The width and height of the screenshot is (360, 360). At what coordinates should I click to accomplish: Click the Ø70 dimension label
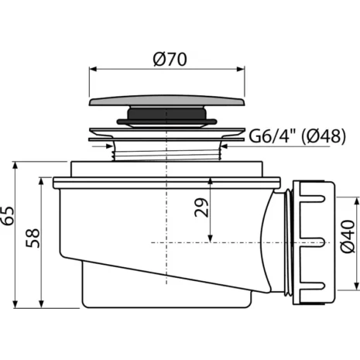click(x=170, y=60)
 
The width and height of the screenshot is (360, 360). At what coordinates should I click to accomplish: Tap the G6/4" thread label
click(x=273, y=135)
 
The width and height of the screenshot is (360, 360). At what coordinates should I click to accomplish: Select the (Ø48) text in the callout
click(x=324, y=135)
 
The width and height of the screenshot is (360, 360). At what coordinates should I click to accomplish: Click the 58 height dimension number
click(x=33, y=238)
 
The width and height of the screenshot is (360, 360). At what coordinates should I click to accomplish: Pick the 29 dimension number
click(x=201, y=207)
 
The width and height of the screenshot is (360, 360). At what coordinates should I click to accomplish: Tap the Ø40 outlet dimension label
click(x=348, y=236)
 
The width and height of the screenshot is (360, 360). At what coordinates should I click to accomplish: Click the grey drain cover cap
click(x=166, y=101)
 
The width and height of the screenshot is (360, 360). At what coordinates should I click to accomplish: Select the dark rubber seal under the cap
click(x=166, y=116)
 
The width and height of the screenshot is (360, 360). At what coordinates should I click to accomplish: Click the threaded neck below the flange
click(x=166, y=153)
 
